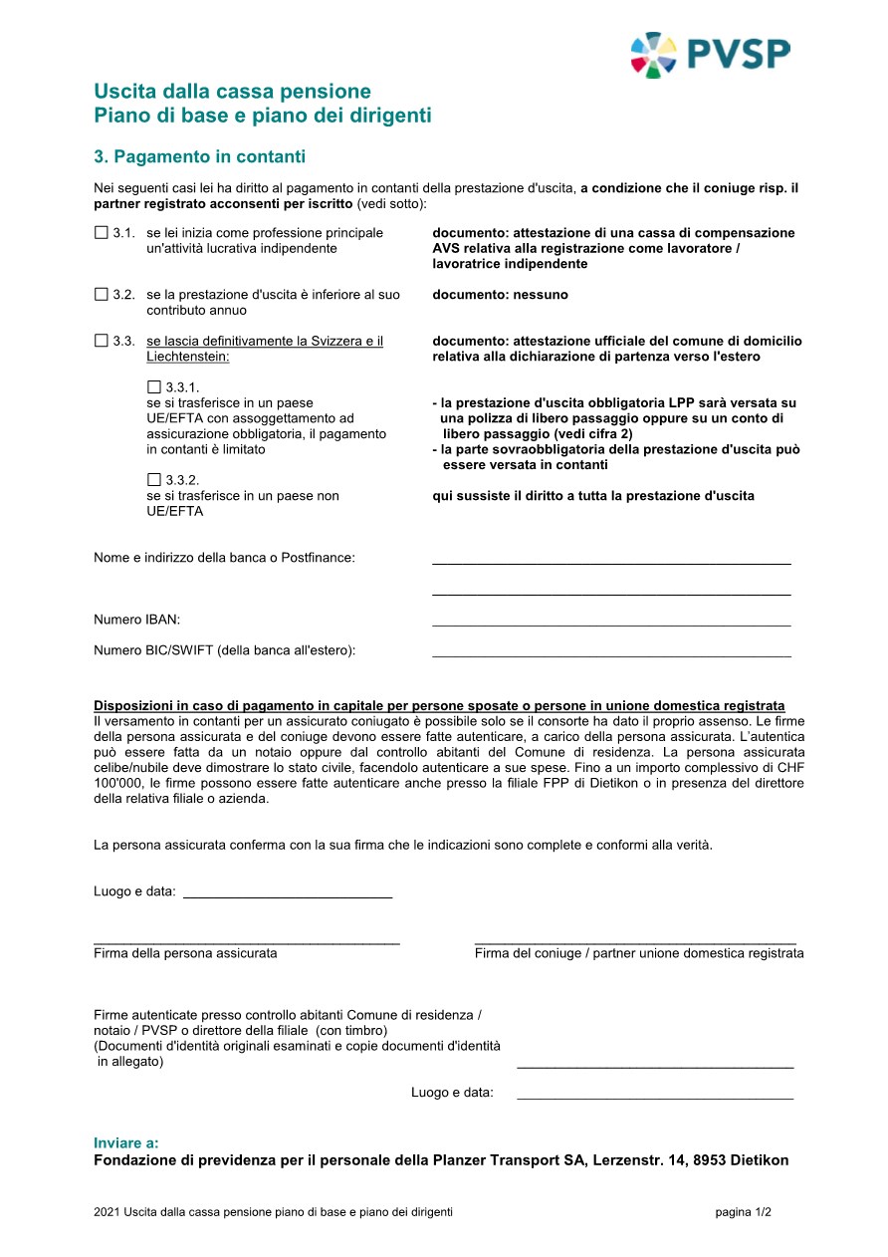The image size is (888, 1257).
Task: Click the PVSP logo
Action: coord(710,54)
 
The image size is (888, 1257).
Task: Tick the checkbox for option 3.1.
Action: coord(101,233)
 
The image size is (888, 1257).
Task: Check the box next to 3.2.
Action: coord(101,295)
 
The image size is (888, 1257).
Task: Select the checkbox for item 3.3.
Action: coord(101,341)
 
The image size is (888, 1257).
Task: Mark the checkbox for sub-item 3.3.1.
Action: coord(153,386)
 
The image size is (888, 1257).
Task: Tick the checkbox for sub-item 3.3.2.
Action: coord(153,479)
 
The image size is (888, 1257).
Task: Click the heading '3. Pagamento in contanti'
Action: coord(199,157)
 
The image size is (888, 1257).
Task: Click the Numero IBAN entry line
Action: coord(611,624)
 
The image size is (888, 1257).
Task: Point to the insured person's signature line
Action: coord(247,940)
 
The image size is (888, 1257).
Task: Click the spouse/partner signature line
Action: coord(635,940)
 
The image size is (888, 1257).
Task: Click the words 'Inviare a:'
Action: coord(126,1143)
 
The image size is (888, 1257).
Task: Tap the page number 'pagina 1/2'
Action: coord(743,1212)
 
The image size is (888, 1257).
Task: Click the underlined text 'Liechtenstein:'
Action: coord(188,357)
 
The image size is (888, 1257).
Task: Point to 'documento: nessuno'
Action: coord(501,295)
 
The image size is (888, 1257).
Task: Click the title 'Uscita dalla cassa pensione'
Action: coord(232,93)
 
